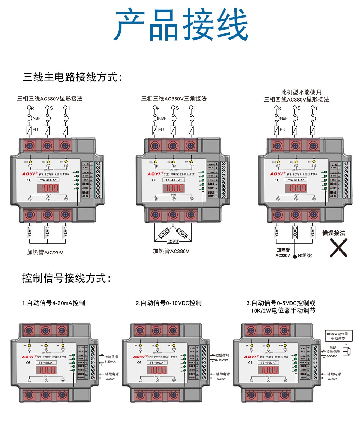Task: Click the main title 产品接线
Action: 181,26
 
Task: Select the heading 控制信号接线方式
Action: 67,278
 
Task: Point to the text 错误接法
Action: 334,233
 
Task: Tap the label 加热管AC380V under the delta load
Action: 171,251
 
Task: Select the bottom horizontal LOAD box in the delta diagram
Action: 173,241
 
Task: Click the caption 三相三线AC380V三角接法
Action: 174,98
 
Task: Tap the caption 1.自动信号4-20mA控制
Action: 54,303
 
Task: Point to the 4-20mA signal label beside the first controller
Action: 110,361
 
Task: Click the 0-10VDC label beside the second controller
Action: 221,360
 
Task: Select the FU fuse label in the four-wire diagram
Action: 283,130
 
